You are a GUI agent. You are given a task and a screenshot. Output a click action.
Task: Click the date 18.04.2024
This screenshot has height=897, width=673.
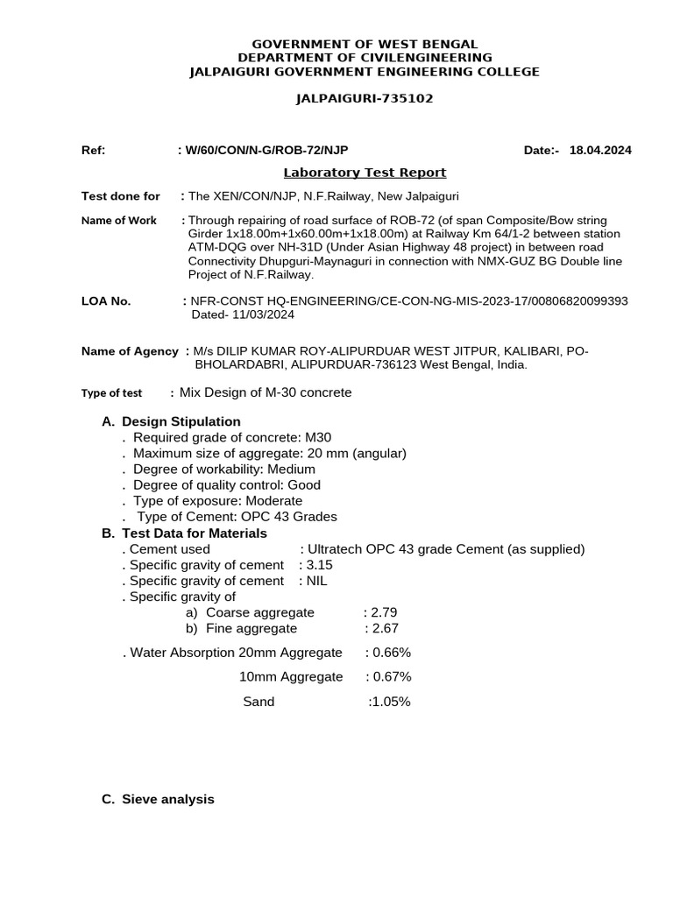point(600,151)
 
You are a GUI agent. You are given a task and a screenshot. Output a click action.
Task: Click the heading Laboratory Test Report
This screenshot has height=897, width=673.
point(365,173)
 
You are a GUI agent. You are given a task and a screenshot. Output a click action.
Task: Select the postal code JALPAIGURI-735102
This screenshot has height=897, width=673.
point(365,99)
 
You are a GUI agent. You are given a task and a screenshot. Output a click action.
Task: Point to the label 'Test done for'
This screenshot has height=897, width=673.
point(121,196)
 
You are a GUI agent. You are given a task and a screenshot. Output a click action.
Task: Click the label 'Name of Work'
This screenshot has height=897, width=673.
point(119,221)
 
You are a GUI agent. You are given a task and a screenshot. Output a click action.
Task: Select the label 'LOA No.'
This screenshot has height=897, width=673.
point(106,301)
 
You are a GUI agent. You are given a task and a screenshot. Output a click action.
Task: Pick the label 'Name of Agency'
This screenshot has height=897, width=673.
point(130,351)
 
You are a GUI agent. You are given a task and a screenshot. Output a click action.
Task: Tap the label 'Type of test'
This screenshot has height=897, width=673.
point(111,393)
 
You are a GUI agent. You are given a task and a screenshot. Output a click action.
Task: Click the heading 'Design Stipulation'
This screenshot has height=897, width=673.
point(181,422)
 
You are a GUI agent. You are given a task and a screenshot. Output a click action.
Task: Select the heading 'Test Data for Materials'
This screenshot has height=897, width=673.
point(195,533)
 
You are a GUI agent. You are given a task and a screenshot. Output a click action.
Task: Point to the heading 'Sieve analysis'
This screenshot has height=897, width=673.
point(167,799)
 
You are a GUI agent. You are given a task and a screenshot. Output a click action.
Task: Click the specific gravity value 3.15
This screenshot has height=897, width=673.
point(320,565)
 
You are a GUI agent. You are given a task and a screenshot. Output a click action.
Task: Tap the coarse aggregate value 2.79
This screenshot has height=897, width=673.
point(384,612)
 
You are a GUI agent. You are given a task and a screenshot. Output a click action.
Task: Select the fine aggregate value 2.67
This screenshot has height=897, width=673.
point(386,628)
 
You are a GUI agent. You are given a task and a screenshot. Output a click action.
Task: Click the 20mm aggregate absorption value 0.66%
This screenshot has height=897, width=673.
point(392,653)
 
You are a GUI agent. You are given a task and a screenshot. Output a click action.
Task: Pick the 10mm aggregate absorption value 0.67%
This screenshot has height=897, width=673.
point(392,677)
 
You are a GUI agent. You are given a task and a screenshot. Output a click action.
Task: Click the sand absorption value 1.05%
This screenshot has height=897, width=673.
point(392,702)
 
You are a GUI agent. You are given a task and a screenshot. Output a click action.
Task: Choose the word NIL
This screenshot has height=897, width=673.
point(316,581)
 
